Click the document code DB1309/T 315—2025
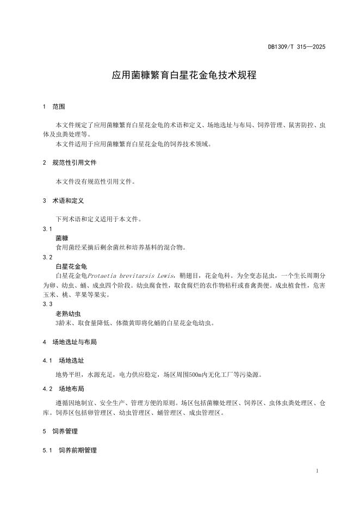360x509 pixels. pyautogui.click(x=296, y=47)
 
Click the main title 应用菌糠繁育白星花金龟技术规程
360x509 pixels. pyautogui.click(x=184, y=76)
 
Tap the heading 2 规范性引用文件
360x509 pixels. pyautogui.click(x=70, y=163)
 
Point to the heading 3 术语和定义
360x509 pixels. pyautogui.click(x=64, y=201)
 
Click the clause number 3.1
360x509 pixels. pyautogui.click(x=47, y=229)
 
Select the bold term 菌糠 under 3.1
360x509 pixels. pyautogui.click(x=62, y=238)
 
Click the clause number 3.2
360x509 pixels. pyautogui.click(x=47, y=257)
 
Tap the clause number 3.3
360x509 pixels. pyautogui.click(x=47, y=304)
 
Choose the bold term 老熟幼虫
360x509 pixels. pyautogui.click(x=68, y=314)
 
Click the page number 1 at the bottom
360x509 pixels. pyautogui.click(x=317, y=470)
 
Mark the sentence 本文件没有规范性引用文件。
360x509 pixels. pyautogui.click(x=95, y=182)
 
